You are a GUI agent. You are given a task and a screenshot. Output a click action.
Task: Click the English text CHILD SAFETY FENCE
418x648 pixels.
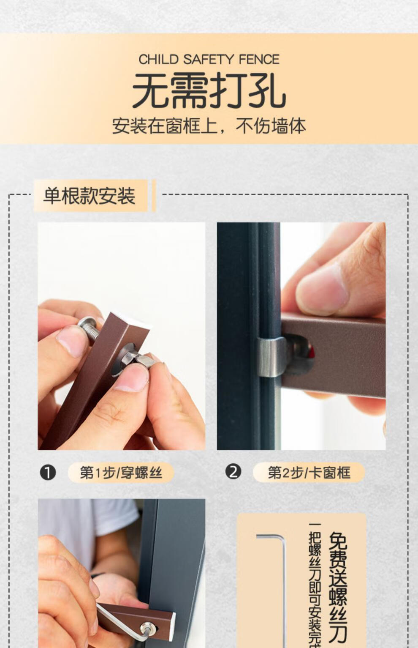tap(209, 60)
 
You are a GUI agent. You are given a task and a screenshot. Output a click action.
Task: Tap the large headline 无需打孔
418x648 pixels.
tap(209, 90)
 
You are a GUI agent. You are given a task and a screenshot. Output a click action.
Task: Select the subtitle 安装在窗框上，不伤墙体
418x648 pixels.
tap(209, 126)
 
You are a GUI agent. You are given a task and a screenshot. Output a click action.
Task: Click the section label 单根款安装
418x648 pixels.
tap(90, 196)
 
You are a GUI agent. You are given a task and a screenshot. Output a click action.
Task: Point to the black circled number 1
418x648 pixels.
tap(48, 473)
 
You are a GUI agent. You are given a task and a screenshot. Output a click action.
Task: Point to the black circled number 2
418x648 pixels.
tap(233, 472)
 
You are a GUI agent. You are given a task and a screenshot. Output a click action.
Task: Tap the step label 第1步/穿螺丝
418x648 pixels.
tap(121, 473)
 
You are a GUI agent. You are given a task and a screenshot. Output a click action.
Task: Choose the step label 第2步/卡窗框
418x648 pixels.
tap(309, 473)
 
